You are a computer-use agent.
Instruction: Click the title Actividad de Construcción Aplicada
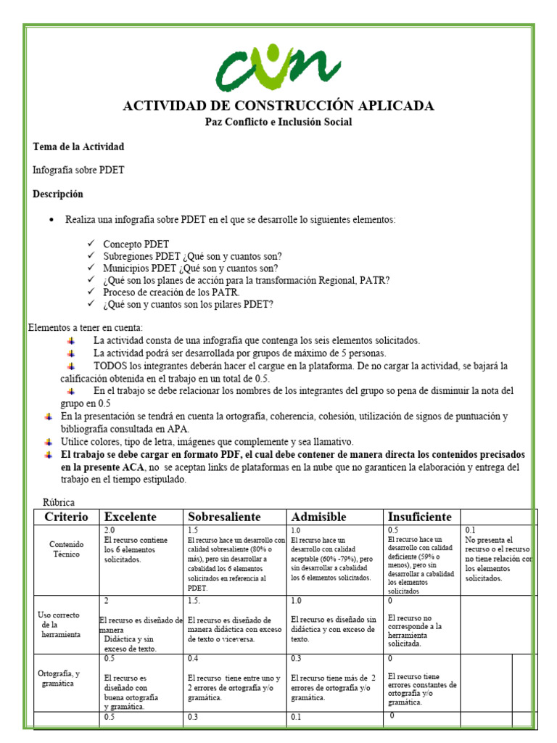click(278, 106)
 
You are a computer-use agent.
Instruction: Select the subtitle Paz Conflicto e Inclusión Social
click(278, 122)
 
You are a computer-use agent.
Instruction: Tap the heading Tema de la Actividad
click(78, 147)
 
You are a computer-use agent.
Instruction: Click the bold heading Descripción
click(58, 194)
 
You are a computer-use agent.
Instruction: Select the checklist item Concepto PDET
click(136, 244)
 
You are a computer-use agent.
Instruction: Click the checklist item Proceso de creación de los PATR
click(171, 292)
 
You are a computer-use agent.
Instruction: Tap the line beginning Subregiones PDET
click(192, 256)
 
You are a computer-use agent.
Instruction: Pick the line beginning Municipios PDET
click(190, 268)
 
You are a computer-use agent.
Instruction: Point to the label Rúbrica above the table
click(59, 502)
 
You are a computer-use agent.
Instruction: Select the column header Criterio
click(66, 517)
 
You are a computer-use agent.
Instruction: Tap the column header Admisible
click(318, 517)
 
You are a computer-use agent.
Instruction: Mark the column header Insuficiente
click(420, 517)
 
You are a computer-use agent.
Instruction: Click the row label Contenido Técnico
click(67, 548)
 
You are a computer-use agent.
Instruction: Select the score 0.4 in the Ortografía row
click(194, 659)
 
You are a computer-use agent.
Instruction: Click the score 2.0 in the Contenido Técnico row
click(110, 530)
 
